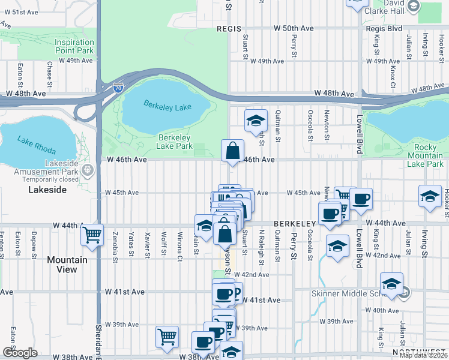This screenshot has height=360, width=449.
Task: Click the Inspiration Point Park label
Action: pos(74,47)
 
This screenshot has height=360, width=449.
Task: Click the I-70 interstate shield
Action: pos(118,88)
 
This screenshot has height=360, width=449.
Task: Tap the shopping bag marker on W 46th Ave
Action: pos(232,151)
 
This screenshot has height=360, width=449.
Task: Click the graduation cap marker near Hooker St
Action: pos(430,196)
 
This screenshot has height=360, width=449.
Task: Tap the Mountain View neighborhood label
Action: pos(67,265)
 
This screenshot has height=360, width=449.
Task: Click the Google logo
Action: pos(20,353)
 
